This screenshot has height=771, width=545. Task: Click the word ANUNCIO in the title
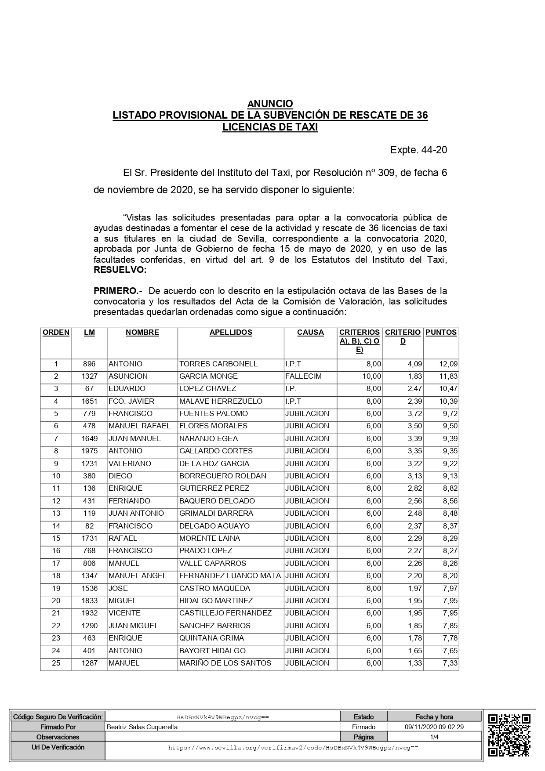point(270,104)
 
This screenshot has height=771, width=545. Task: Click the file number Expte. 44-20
point(418,150)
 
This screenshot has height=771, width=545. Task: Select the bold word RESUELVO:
point(120,270)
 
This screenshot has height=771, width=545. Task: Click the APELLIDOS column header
point(231,333)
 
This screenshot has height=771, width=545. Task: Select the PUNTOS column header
point(441,333)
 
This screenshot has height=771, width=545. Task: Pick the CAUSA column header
point(310,333)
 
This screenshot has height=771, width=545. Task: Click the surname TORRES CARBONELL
point(218,364)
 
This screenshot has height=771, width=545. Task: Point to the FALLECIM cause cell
point(303,376)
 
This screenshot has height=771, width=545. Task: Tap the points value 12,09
point(448,364)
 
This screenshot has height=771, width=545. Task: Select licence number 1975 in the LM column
point(89,451)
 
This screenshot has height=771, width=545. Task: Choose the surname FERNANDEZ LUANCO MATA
point(229,576)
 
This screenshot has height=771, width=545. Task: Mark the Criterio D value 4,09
point(415,364)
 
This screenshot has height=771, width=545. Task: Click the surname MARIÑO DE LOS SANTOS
point(225,663)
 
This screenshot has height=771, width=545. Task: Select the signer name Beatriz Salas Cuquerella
point(142,727)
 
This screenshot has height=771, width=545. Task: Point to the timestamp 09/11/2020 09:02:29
point(434,727)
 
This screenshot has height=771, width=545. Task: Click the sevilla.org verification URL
point(293,747)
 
